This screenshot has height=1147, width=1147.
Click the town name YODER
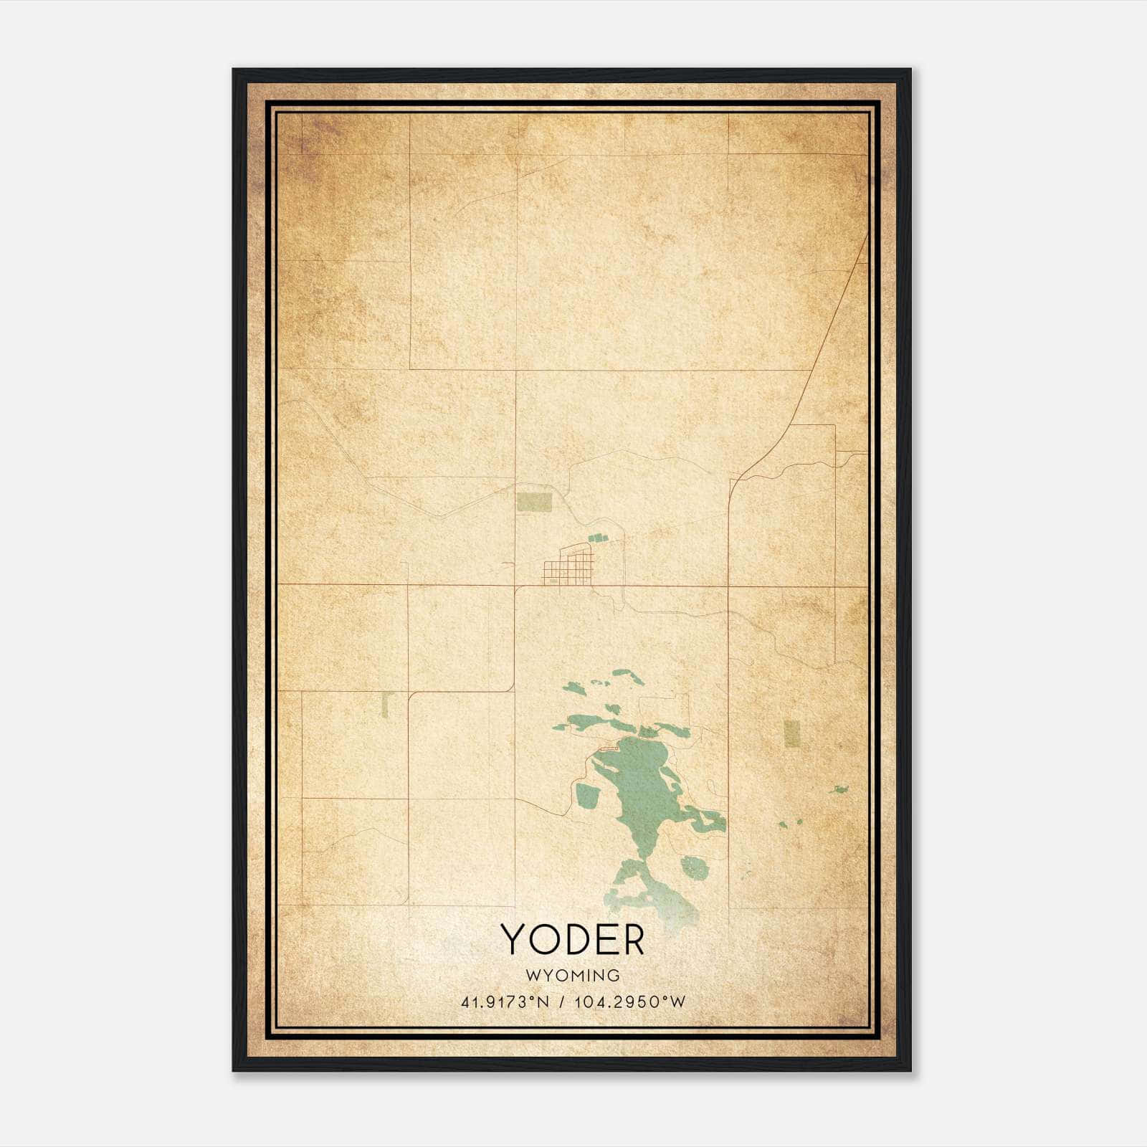[x=573, y=940]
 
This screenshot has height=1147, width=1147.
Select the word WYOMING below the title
[x=573, y=975]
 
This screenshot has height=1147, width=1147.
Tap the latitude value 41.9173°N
[x=505, y=1001]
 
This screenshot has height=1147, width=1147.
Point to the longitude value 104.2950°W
[x=629, y=1001]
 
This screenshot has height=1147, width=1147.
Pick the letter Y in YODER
[x=514, y=940]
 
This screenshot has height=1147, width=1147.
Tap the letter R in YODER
[x=632, y=940]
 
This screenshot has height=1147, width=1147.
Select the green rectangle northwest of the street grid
[x=535, y=502]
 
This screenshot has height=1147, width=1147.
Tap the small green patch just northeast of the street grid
[x=597, y=536]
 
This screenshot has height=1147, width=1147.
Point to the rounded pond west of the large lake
[x=588, y=794]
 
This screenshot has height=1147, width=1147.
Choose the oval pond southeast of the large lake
[x=694, y=867]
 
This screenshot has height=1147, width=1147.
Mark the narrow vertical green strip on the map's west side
[x=384, y=705]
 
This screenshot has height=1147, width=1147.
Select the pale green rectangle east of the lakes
[x=791, y=733]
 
